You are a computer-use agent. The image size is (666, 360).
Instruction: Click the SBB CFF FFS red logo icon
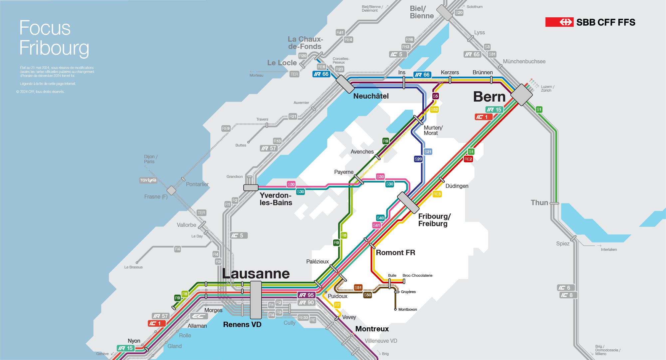click(x=559, y=22)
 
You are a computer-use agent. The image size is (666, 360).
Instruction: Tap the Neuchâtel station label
click(x=371, y=96)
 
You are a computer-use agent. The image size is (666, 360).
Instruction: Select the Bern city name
click(x=489, y=97)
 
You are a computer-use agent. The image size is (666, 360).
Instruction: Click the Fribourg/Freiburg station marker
click(x=408, y=202)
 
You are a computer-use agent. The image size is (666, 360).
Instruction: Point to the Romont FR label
click(x=395, y=253)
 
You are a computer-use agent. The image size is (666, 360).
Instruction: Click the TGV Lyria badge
click(x=148, y=180)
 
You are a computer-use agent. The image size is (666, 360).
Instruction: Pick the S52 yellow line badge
click(x=434, y=110)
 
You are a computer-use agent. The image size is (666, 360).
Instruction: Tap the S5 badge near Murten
click(x=435, y=96)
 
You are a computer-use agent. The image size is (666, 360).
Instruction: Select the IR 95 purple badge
click(x=307, y=295)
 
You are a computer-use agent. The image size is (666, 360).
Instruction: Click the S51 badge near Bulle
click(x=358, y=287)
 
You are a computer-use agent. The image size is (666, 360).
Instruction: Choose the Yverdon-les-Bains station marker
click(x=251, y=187)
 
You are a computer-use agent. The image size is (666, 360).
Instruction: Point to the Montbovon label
click(x=407, y=310)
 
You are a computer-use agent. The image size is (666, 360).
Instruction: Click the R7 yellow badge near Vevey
click(x=337, y=305)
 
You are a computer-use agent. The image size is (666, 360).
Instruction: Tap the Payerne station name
click(x=343, y=172)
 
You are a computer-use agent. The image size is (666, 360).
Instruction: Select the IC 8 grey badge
click(x=566, y=295)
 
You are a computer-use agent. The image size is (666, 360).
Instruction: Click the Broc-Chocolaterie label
click(x=417, y=275)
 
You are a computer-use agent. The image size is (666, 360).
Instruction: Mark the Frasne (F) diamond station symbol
click(x=171, y=190)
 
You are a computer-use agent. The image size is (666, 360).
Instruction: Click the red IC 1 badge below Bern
click(x=483, y=117)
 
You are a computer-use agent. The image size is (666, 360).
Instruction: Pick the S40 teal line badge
click(x=380, y=218)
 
